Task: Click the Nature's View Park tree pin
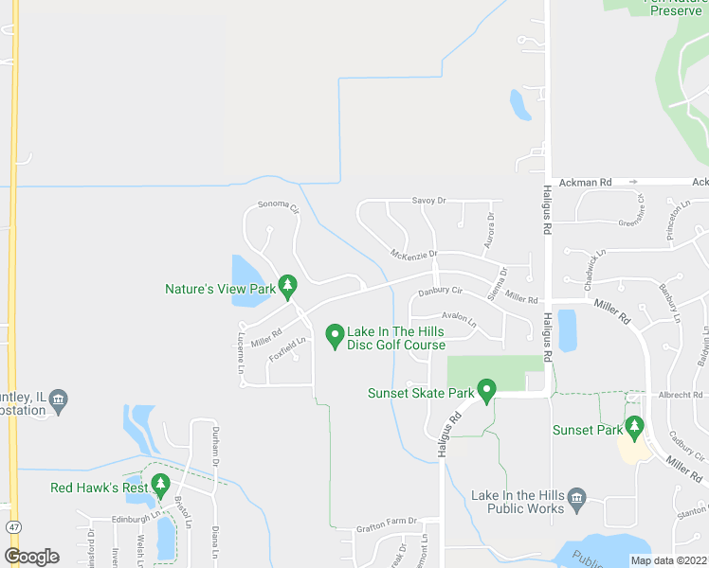click(287, 284)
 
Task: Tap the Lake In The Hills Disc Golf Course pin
click(334, 335)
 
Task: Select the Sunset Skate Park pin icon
click(487, 390)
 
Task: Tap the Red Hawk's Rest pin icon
click(159, 486)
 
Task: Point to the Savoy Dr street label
click(428, 201)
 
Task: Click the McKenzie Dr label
click(413, 254)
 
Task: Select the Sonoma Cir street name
click(279, 206)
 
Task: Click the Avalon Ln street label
click(458, 319)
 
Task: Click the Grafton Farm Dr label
click(386, 522)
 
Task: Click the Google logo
click(31, 557)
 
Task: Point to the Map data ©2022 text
click(668, 560)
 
